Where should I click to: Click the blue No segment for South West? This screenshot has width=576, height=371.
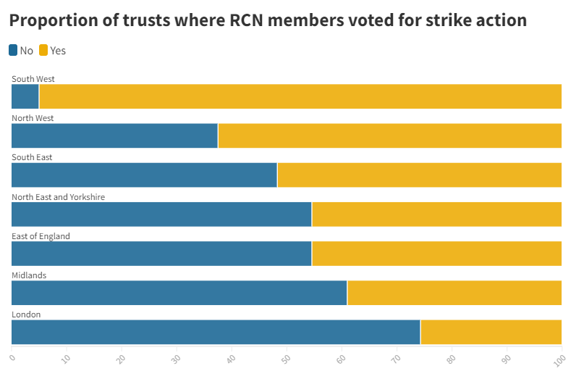pos(25,96)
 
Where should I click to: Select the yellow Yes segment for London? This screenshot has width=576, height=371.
pos(491,332)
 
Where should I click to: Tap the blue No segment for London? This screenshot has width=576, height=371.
pos(216,332)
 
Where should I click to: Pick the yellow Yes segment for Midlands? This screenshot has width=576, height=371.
pos(454,293)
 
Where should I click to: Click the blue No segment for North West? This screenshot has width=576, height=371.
pos(114,136)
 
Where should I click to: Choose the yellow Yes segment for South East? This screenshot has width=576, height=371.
pos(419,175)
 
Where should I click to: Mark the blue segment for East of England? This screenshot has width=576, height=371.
pos(161,254)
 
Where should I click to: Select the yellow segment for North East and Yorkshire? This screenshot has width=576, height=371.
pos(436,214)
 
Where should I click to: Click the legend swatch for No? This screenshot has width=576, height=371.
pos(14,50)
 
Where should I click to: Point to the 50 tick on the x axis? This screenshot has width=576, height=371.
pos(287,357)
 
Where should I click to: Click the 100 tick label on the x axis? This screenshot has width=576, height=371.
pos(559,357)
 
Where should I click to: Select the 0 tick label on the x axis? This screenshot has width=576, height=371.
pos(12,356)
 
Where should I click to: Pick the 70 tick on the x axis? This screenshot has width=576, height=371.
pos(397,357)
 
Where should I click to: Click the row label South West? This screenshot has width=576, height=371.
pos(33,79)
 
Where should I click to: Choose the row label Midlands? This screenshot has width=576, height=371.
pos(29,275)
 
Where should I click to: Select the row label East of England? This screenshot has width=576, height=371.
pos(41,236)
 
